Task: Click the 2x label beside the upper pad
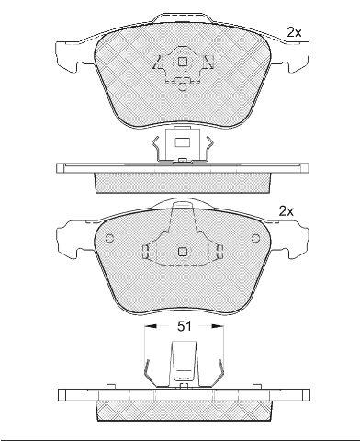(x=294, y=32)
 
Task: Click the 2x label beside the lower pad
(x=287, y=211)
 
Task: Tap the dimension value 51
(x=185, y=326)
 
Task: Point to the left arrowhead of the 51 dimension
(x=151, y=326)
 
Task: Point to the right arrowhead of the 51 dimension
(x=218, y=326)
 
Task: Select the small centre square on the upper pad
(x=183, y=62)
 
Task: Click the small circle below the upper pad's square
(x=182, y=86)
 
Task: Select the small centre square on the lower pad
(x=183, y=252)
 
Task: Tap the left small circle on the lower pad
(x=109, y=238)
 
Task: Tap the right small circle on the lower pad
(x=255, y=238)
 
